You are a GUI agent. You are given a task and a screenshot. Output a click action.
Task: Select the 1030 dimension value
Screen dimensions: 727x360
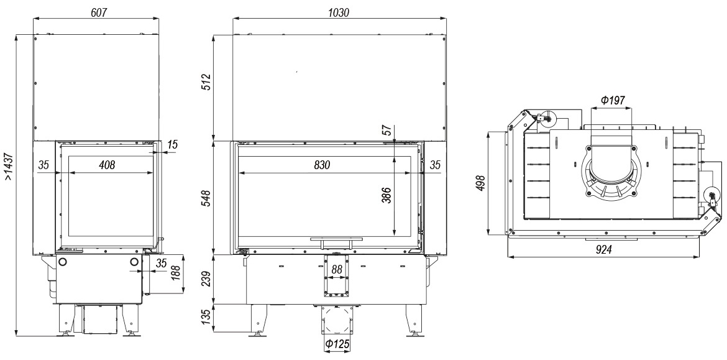(x=339, y=12)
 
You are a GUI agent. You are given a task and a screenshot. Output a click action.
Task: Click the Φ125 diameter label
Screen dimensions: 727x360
(x=337, y=344)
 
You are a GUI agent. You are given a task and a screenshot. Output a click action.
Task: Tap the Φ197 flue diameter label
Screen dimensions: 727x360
(x=613, y=99)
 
